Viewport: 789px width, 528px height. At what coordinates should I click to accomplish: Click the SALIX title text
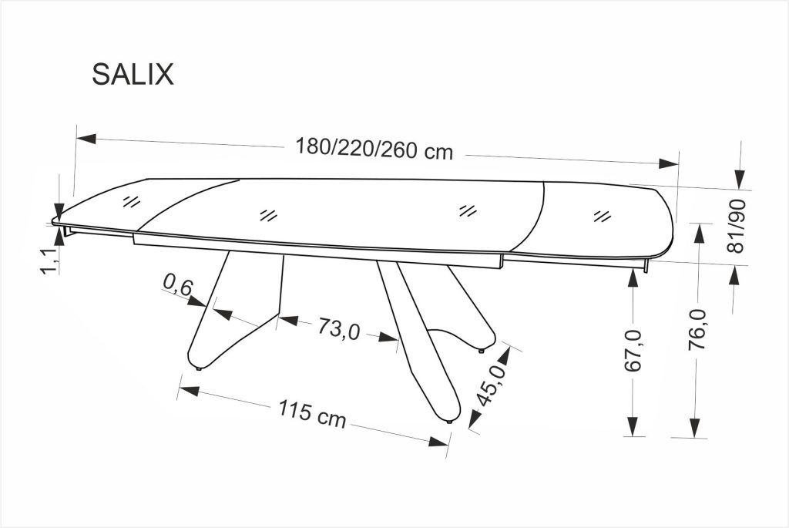[x=133, y=75]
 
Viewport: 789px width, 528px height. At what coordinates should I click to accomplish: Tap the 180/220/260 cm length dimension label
[x=374, y=149]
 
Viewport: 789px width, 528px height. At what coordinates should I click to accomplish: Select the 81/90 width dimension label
[x=737, y=227]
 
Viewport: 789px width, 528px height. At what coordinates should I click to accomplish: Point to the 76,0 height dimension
[x=698, y=330]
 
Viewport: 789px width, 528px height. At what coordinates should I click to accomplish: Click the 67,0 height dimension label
[x=633, y=351]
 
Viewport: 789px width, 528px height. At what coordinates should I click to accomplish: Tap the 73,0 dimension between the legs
[x=339, y=329]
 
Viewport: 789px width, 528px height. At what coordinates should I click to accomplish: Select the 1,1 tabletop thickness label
[x=50, y=261]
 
